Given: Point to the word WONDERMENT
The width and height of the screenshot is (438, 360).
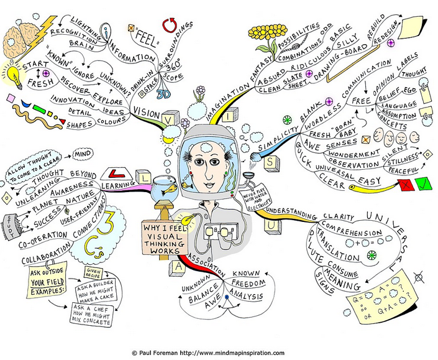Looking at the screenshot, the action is [355, 151].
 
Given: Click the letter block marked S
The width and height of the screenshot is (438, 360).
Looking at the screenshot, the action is [272, 162].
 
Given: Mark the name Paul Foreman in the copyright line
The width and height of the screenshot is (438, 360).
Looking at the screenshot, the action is [160, 353].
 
